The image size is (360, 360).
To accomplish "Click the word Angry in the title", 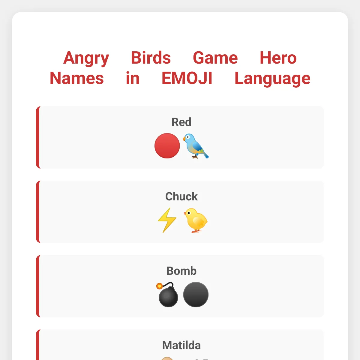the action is pyautogui.click(x=86, y=58).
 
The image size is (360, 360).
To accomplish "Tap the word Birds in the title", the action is pyautogui.click(x=151, y=58).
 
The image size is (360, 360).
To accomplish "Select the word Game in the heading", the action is pyautogui.click(x=215, y=58).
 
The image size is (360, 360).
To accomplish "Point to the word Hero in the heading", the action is pyautogui.click(x=278, y=58).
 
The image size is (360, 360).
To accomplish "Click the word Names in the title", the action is pyautogui.click(x=77, y=78).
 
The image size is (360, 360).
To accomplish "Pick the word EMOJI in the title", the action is pyautogui.click(x=187, y=78).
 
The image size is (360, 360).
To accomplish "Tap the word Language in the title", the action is pyautogui.click(x=272, y=79).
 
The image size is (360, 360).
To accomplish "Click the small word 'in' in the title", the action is pyautogui.click(x=133, y=78).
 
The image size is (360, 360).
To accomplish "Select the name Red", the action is pyautogui.click(x=181, y=122).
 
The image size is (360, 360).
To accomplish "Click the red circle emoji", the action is pyautogui.click(x=167, y=146).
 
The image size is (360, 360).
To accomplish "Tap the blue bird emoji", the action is pyautogui.click(x=196, y=146).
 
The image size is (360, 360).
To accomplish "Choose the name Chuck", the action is pyautogui.click(x=181, y=196).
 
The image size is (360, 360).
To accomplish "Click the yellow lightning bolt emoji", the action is pyautogui.click(x=167, y=220).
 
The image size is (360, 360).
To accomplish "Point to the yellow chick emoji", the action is pyautogui.click(x=196, y=220).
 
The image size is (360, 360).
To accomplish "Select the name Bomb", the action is pyautogui.click(x=181, y=271).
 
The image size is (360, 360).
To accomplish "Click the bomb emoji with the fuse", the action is pyautogui.click(x=167, y=294).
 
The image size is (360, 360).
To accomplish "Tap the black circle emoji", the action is pyautogui.click(x=196, y=294).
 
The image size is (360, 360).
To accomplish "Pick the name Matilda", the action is pyautogui.click(x=181, y=345).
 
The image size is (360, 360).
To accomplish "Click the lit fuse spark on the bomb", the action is pyautogui.click(x=159, y=286).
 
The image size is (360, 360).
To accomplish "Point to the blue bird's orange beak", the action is pyautogui.click(x=184, y=139).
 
